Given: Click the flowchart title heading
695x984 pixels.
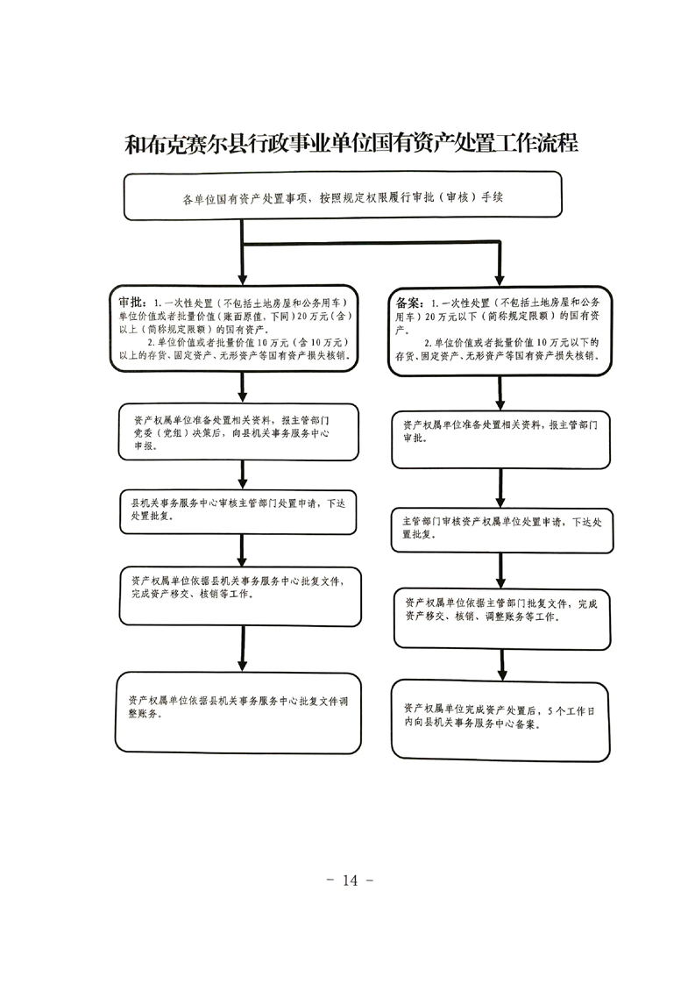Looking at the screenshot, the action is tap(351, 144).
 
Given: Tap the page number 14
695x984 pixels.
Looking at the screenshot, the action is tap(350, 881).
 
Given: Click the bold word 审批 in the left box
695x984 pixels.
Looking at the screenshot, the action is tap(133, 303).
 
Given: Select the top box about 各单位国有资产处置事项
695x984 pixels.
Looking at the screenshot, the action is tap(343, 196).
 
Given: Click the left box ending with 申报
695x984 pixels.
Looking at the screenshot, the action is tap(238, 431).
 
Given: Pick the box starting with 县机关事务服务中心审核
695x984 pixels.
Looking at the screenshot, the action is tap(238, 511).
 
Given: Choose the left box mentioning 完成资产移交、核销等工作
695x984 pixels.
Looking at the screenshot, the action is tap(240, 596).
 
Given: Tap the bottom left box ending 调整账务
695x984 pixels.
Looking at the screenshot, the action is tap(238, 712).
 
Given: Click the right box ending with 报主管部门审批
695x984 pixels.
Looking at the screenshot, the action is tap(500, 439).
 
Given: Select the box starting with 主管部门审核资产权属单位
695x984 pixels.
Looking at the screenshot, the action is tap(502, 531).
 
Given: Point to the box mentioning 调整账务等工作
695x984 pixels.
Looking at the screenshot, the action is tap(502, 619).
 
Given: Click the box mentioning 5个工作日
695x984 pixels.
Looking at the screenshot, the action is tap(500, 720).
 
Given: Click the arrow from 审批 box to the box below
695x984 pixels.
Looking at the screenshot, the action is tap(243, 388).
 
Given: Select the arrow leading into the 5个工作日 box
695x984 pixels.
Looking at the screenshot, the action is tap(502, 665).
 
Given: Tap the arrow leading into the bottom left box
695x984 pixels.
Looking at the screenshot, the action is tap(243, 649).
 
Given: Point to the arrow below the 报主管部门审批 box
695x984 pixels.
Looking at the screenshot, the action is tap(500, 488).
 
